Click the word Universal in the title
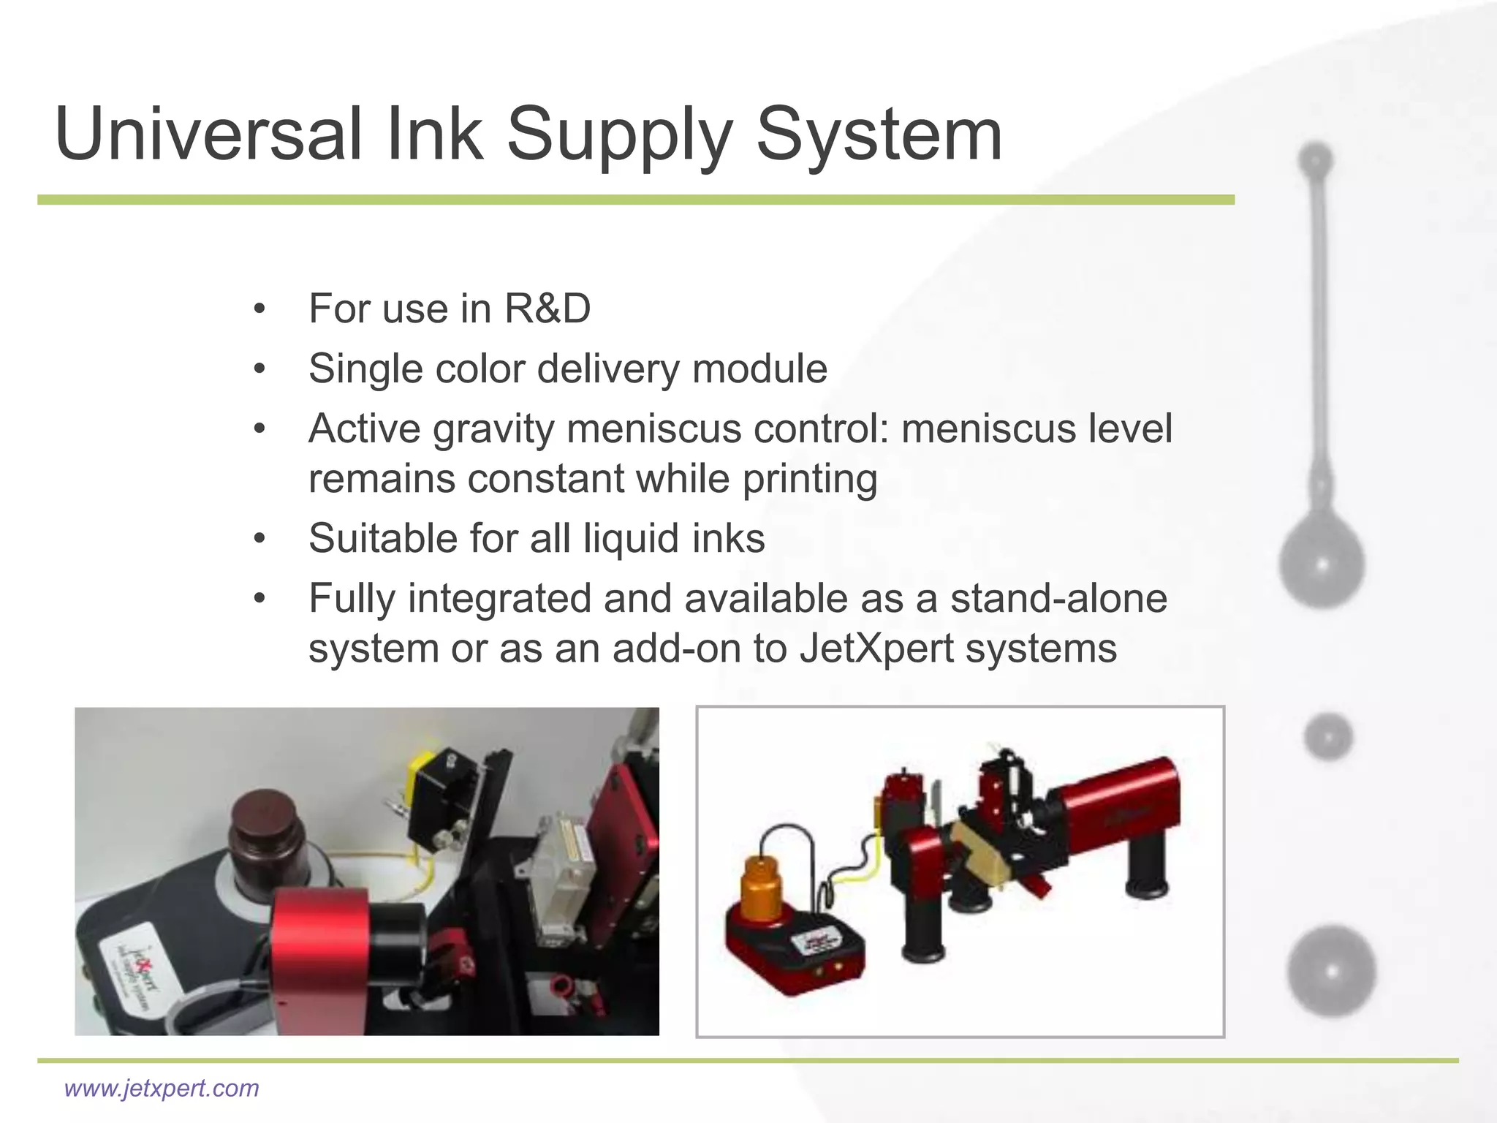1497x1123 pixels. [208, 135]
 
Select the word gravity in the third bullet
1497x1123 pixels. [493, 430]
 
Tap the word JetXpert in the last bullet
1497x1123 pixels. [876, 649]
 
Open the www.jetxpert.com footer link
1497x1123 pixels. [162, 1088]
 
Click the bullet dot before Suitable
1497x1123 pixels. [259, 540]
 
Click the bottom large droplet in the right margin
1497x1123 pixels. [1332, 971]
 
